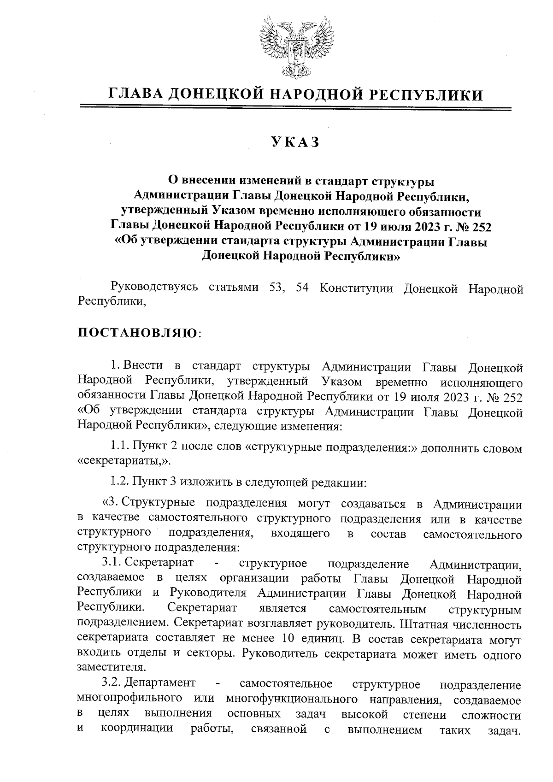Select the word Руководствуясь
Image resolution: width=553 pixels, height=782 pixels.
coord(154,288)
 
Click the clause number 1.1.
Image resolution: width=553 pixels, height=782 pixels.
coord(120,447)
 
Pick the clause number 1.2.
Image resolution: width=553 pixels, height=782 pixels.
coord(120,482)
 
